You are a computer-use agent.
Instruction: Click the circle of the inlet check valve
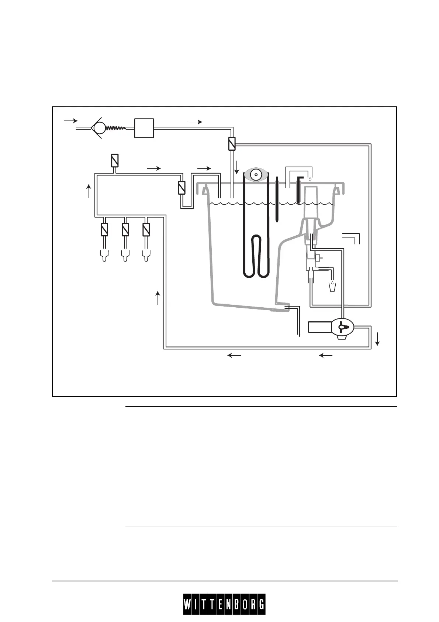[99, 128]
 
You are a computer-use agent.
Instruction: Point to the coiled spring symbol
[116, 128]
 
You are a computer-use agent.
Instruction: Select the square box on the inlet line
[144, 128]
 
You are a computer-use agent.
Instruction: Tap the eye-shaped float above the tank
[256, 174]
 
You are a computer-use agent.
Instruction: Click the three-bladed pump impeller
[342, 327]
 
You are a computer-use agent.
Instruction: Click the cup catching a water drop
[332, 286]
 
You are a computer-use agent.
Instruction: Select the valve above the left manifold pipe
[114, 160]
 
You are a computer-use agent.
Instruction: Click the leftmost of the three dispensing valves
[104, 230]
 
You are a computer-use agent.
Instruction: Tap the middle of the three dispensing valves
[125, 230]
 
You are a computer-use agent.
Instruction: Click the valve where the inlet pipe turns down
[232, 144]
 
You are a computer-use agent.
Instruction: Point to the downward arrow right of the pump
[377, 339]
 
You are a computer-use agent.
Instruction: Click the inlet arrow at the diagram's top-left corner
[71, 120]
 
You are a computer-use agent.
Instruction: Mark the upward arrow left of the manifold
[89, 191]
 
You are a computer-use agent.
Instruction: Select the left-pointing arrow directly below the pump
[326, 355]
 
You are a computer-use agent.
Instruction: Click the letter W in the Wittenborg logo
[188, 605]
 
